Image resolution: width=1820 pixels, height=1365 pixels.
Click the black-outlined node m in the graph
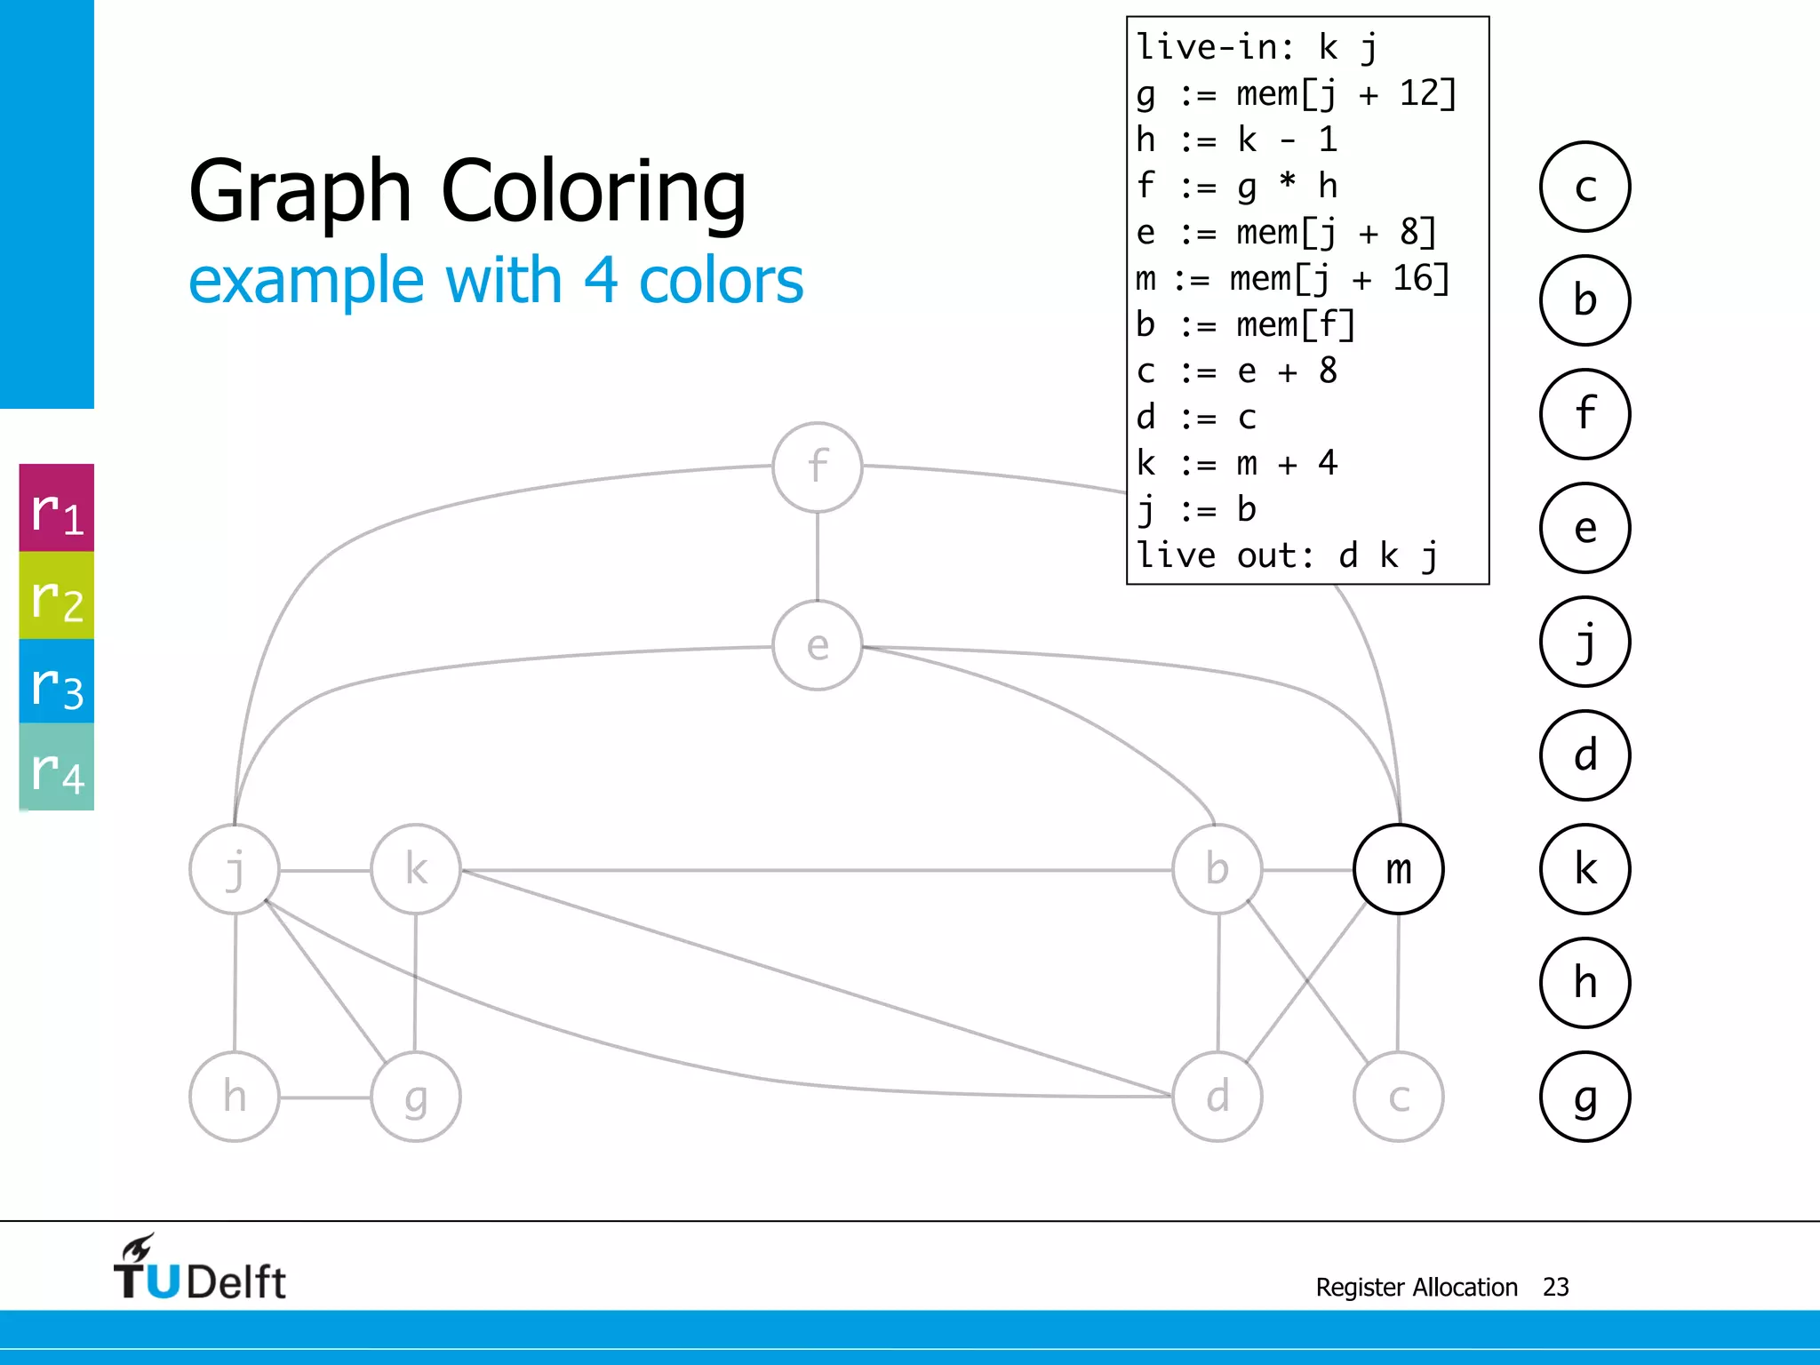pos(1398,869)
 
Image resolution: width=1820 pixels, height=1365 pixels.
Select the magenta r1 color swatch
pos(57,508)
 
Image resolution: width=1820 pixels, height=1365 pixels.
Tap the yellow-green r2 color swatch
pos(57,595)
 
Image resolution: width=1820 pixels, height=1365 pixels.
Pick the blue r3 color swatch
pos(57,682)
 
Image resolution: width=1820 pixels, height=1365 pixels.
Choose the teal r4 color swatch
pos(57,767)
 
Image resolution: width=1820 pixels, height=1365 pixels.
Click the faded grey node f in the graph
pos(818,467)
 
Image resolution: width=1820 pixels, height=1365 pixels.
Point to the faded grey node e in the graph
pos(818,645)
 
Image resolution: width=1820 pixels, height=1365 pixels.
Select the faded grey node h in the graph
pos(235,1097)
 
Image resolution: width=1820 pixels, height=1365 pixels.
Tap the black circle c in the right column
pos(1585,187)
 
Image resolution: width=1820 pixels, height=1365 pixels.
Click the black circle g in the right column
pos(1585,1097)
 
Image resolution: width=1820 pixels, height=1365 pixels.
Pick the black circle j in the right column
pos(1585,642)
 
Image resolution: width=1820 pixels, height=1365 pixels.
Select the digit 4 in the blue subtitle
pos(601,280)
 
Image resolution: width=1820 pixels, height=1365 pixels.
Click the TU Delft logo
pos(200,1269)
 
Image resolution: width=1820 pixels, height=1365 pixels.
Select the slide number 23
pos(1555,1287)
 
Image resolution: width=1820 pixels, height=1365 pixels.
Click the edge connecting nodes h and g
pos(325,1098)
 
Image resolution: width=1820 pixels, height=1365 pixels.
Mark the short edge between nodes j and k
pos(325,871)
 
